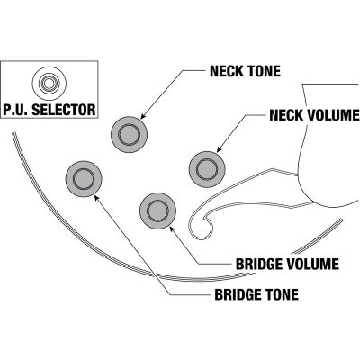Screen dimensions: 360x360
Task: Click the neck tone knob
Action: (x=129, y=134)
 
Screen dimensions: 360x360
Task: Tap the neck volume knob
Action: (x=207, y=169)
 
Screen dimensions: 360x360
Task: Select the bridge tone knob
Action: (x=84, y=179)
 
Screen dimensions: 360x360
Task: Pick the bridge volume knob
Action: (x=158, y=211)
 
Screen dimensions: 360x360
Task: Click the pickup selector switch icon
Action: (x=49, y=83)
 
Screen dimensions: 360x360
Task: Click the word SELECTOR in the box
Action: (x=64, y=110)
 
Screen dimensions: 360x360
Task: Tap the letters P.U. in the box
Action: (x=15, y=110)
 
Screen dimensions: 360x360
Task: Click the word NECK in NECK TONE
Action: (x=227, y=71)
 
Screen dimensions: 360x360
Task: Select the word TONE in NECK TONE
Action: (x=264, y=71)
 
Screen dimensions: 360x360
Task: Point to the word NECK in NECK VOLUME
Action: (x=286, y=115)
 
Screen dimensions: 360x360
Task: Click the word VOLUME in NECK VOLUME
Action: (x=333, y=115)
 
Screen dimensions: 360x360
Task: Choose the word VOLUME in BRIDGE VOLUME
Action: (x=312, y=264)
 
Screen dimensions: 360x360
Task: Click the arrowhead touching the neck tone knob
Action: (x=143, y=116)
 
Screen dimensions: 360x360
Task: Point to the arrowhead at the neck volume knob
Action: (x=220, y=149)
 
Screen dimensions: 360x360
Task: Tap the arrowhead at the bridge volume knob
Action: (x=172, y=229)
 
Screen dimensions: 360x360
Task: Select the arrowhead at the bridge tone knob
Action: (x=96, y=197)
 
